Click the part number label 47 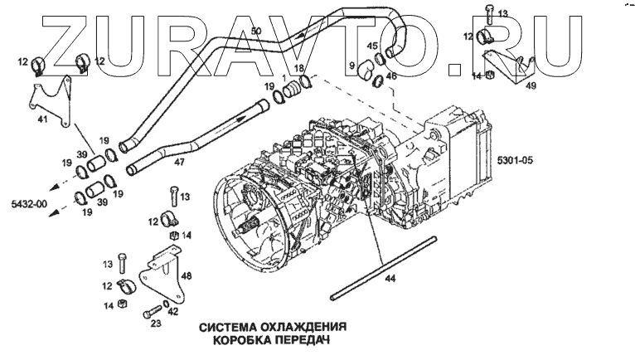coord(179,163)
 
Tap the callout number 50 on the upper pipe coord(256,31)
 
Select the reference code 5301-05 coord(515,161)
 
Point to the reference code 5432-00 coord(29,203)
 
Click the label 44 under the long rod coord(390,279)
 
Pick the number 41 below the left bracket coord(42,119)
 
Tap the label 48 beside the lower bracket coord(187,276)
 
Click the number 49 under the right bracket coord(531,85)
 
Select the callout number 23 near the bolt coord(156,324)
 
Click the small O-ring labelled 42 coord(167,304)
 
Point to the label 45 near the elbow coord(372,46)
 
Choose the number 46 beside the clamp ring coord(391,75)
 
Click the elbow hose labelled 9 coord(366,70)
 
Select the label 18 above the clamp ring coord(298,68)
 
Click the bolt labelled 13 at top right coord(490,14)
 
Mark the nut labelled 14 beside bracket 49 coord(490,74)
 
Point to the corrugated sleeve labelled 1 coord(292,90)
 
